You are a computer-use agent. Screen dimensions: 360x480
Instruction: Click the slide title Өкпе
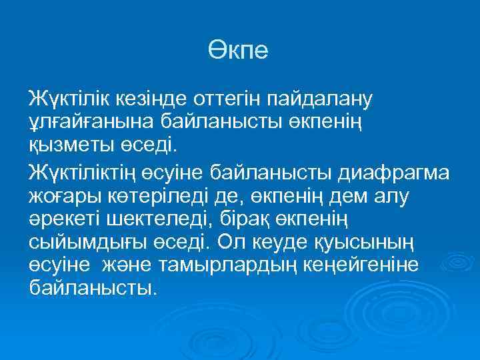[237, 51]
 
